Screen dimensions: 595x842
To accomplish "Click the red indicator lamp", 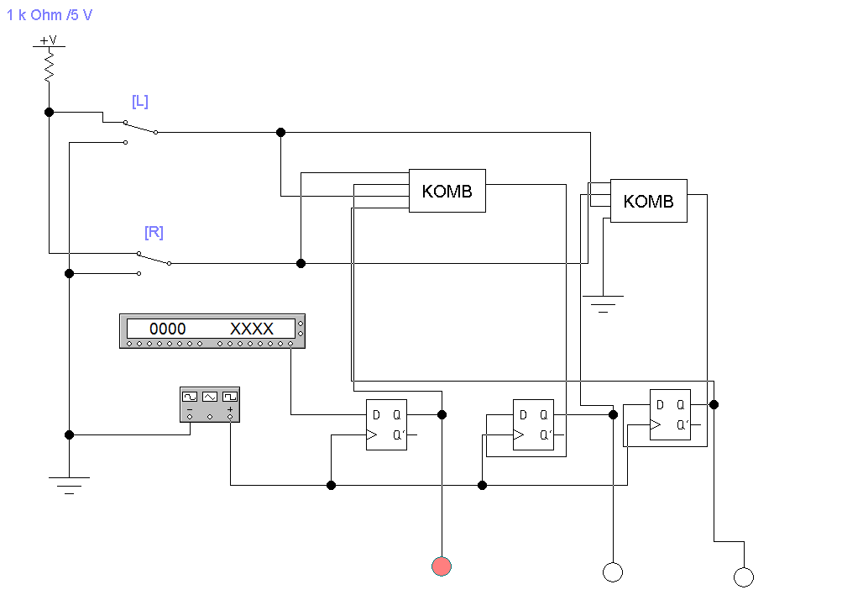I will click(x=442, y=566).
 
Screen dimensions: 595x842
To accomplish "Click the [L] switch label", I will click(x=140, y=101).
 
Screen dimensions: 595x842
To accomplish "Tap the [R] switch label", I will click(x=154, y=232).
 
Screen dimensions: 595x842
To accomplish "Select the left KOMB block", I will click(x=447, y=191).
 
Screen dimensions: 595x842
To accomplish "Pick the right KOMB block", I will click(x=648, y=201).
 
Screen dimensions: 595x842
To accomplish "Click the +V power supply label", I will click(x=49, y=39).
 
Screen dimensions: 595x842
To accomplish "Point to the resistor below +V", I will click(x=49, y=66).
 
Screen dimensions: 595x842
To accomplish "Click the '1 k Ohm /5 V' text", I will click(x=50, y=15).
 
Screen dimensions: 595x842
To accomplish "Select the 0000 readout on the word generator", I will click(x=168, y=329).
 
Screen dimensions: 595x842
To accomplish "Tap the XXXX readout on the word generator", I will click(x=252, y=329).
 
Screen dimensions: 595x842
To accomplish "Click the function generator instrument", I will click(x=210, y=403).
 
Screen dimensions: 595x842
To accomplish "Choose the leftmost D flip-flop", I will click(x=386, y=424).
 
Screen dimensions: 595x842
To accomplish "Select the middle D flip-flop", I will click(x=534, y=424).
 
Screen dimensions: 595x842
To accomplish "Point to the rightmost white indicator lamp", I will click(x=743, y=577).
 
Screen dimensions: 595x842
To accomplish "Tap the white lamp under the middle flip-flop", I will click(x=613, y=572).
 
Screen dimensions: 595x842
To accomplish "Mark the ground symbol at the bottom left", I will click(x=69, y=485).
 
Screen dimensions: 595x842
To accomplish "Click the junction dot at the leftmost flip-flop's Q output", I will click(x=442, y=414).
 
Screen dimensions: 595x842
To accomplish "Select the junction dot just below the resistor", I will click(x=49, y=112).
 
